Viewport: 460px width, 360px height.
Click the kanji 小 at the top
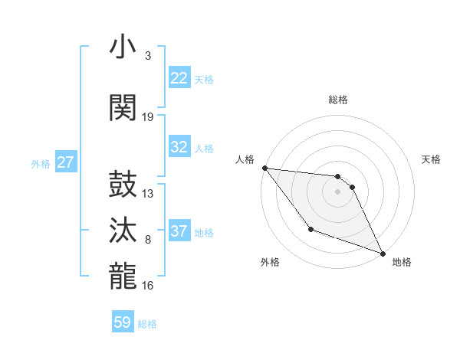pos(123,47)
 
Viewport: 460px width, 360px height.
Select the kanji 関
pos(123,107)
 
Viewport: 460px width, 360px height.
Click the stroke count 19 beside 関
pos(148,116)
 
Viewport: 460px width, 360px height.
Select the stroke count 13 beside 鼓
pos(148,193)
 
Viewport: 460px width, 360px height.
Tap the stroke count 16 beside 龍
pos(148,286)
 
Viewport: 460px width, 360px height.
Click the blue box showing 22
pos(179,78)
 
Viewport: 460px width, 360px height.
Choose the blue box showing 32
pos(179,147)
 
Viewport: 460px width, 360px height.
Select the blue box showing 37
pos(179,231)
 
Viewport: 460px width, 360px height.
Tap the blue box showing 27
pos(66,162)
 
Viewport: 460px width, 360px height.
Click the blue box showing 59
pos(123,322)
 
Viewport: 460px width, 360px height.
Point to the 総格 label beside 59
pos(147,324)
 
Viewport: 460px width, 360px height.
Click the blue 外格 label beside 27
pos(41,163)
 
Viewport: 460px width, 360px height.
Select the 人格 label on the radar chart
pos(245,159)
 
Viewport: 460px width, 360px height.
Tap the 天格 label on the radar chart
pos(432,159)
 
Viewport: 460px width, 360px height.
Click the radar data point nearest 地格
pos(383,253)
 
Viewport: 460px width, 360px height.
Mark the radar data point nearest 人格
pos(264,168)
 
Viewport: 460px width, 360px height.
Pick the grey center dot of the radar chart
pos(338,191)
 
